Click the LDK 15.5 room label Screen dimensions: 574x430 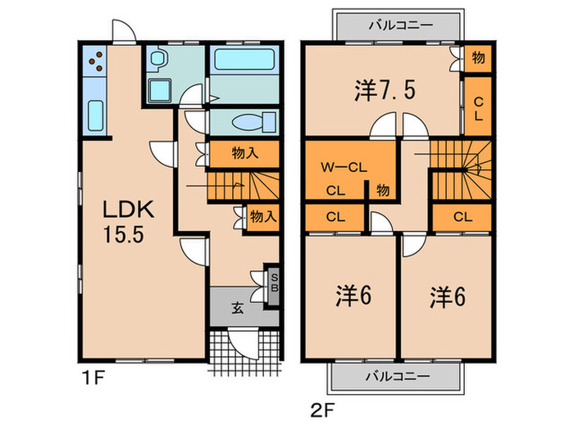point(128,222)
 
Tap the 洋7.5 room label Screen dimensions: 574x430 point(385,90)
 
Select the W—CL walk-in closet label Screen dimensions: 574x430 point(344,167)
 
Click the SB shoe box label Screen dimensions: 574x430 point(274,283)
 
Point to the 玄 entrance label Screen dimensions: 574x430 point(238,308)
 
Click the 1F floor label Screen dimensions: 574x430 point(93,378)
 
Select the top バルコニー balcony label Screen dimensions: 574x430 point(400,25)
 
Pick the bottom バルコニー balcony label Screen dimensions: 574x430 point(398,376)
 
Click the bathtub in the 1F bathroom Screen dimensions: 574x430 point(244,60)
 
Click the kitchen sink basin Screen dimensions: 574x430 point(96,115)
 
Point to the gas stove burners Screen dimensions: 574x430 point(95,61)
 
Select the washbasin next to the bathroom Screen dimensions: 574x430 point(158,58)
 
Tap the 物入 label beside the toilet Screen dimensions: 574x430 point(244,153)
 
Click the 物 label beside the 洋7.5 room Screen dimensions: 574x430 point(478,57)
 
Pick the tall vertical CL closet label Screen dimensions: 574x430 point(478,109)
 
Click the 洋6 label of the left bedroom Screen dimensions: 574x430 point(353,296)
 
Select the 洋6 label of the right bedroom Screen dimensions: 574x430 point(448,296)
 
